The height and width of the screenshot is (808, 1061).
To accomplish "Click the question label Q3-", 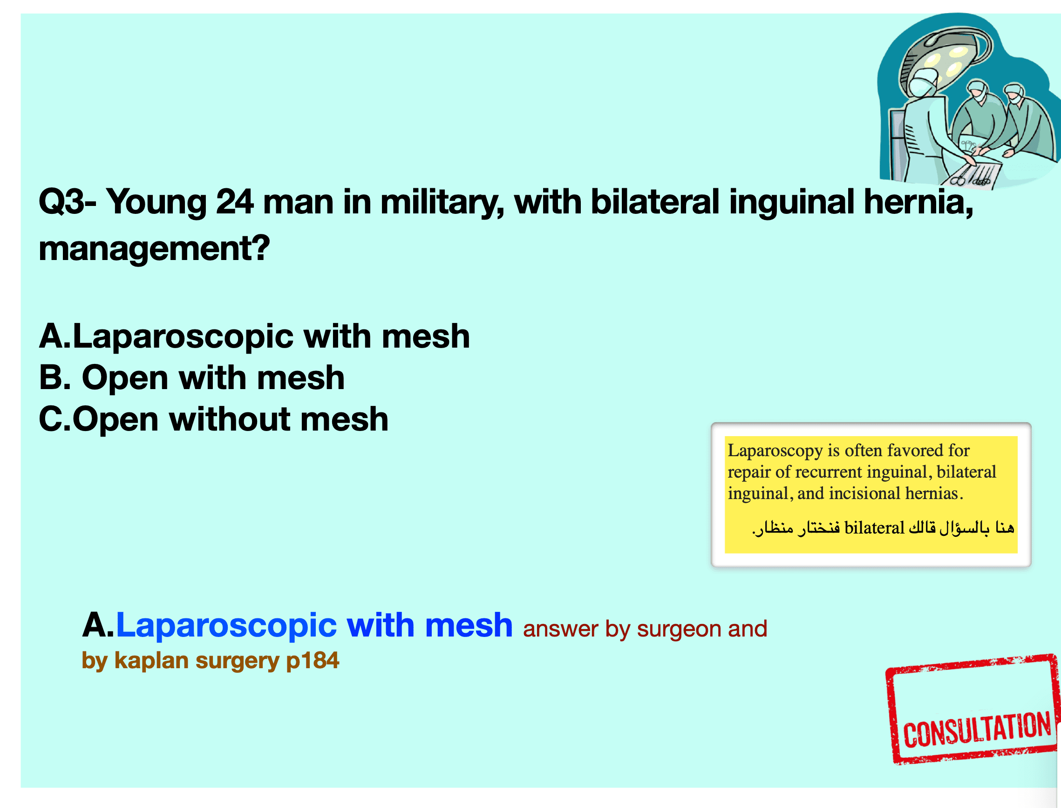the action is (x=68, y=202).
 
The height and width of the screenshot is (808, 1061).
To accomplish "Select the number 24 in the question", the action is (x=235, y=202).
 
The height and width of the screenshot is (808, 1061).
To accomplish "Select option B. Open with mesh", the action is (x=192, y=377).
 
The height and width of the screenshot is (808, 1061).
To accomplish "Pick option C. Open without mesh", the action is (x=213, y=419).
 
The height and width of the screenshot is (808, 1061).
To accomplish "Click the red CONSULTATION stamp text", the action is (x=977, y=730).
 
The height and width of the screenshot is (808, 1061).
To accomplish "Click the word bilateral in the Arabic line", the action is (x=875, y=528).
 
